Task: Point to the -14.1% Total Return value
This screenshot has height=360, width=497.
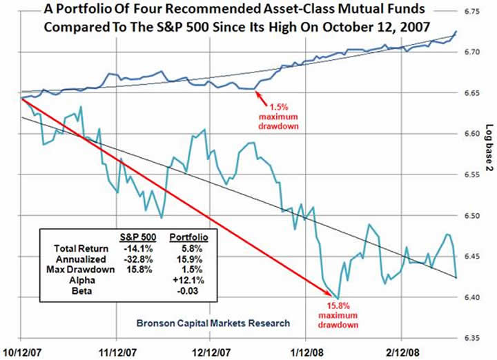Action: (136, 246)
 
